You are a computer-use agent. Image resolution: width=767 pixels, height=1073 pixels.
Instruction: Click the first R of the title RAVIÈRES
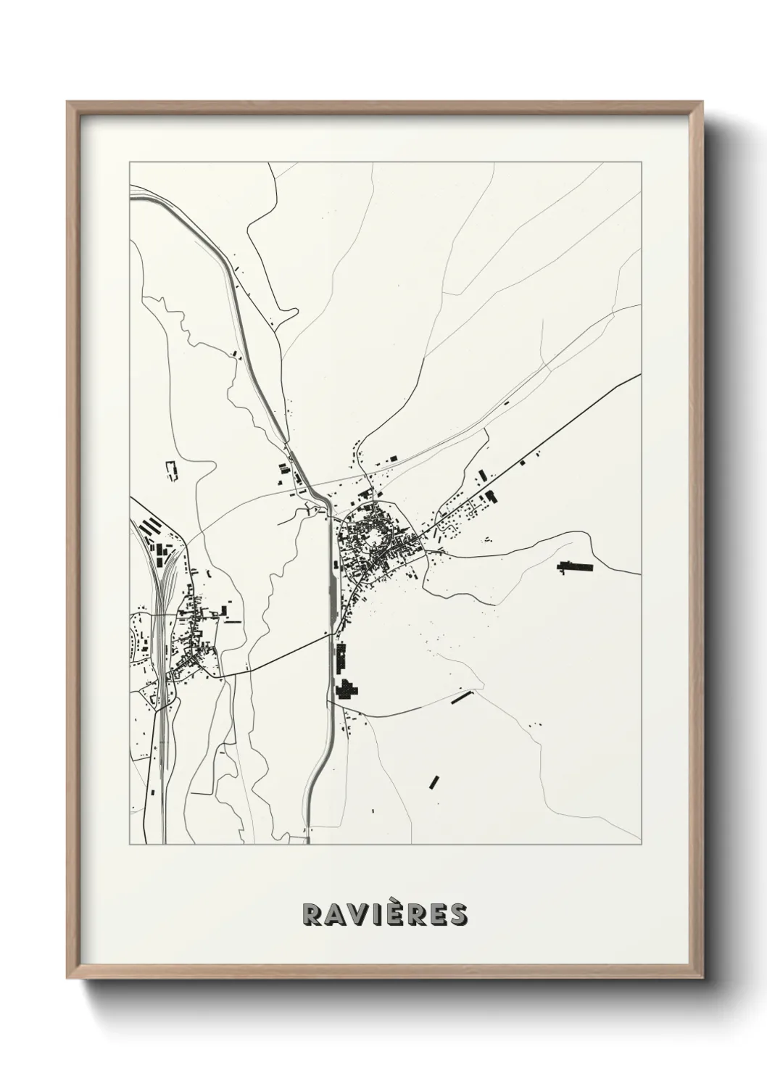[x=311, y=914]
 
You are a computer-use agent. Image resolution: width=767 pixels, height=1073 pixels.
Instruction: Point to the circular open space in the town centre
[x=375, y=538]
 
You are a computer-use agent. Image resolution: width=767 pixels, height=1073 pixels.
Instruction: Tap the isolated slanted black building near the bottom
[x=435, y=782]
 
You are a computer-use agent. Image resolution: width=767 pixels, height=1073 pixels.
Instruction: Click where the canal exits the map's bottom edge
[x=308, y=842]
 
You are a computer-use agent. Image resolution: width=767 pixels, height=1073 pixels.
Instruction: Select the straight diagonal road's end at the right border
[x=639, y=375]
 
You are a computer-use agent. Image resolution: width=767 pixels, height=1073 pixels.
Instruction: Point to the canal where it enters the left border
[x=131, y=192]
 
